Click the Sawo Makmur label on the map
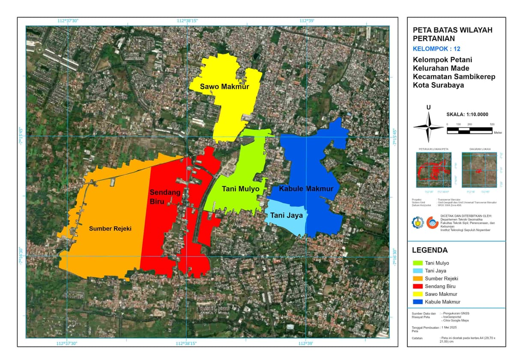[x=224, y=87]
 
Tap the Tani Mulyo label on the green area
[x=241, y=189]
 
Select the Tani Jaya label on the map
[x=287, y=215]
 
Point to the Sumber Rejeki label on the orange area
[x=110, y=229]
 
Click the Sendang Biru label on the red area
[x=164, y=197]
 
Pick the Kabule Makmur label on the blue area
[x=306, y=189]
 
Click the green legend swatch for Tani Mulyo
[x=417, y=263]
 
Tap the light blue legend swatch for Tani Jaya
[x=417, y=271]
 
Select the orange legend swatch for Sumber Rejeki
[x=417, y=279]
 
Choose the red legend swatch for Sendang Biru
[x=417, y=286]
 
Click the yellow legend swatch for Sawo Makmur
[x=417, y=294]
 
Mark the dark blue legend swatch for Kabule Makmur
[x=417, y=302]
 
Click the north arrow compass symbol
[x=428, y=127]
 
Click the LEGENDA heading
[x=430, y=250]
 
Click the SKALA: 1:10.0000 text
[x=467, y=115]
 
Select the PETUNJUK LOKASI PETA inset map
[x=433, y=170]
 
